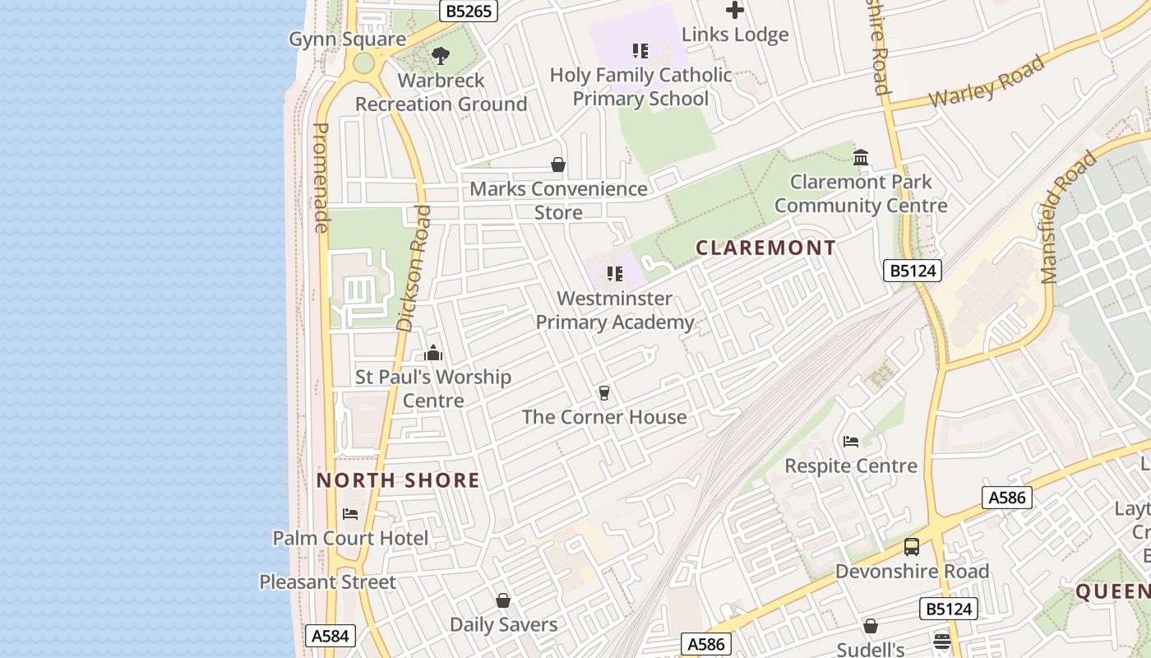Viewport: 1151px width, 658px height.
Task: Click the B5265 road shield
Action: coord(469,11)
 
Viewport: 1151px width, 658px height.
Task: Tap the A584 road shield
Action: coord(332,635)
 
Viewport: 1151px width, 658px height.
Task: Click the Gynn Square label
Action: coord(347,39)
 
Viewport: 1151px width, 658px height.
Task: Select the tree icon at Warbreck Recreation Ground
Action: coord(441,56)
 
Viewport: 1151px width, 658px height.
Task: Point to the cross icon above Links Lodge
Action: coord(735,10)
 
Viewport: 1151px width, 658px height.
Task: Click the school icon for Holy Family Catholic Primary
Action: coord(640,51)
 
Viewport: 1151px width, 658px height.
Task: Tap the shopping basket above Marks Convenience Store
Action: coord(558,164)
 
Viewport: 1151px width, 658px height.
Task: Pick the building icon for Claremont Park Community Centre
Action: coord(861,157)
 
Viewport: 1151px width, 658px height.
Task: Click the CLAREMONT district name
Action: coord(765,248)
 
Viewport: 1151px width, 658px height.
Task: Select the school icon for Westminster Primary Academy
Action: coord(614,274)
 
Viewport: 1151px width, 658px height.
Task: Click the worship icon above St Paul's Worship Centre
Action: coord(433,353)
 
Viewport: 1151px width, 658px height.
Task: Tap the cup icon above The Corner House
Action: coord(604,392)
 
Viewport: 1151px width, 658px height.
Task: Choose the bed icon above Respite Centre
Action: coord(851,442)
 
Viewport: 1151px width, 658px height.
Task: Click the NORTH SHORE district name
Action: coord(398,480)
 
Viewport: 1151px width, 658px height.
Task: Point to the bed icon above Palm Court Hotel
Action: coord(350,514)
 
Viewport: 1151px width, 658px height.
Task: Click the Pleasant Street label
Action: coord(327,582)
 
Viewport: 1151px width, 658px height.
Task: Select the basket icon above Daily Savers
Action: coord(503,600)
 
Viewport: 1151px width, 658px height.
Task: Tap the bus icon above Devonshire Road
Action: coord(912,547)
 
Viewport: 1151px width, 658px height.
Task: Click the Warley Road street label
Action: coord(987,81)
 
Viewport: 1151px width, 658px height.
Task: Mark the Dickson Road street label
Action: coord(414,268)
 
